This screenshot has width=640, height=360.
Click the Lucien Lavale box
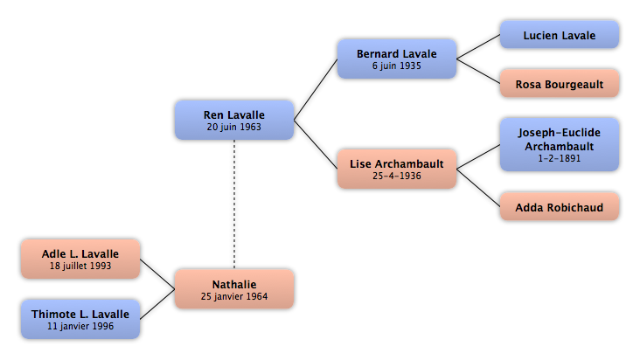(x=560, y=35)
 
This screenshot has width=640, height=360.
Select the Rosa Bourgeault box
(x=560, y=84)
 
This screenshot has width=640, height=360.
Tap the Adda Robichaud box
(x=560, y=207)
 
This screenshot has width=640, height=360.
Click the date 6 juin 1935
(x=396, y=66)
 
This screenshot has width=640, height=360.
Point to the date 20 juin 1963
(x=233, y=127)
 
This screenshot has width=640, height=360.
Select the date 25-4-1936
(x=397, y=176)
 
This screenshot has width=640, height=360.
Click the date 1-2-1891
(x=560, y=158)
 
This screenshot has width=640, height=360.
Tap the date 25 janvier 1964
(x=234, y=296)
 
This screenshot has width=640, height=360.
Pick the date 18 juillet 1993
(x=80, y=266)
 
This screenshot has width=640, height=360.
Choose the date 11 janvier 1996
(x=80, y=326)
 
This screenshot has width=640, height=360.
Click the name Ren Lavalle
(x=233, y=115)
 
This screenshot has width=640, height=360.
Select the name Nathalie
(x=234, y=284)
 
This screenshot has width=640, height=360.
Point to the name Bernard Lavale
(x=397, y=54)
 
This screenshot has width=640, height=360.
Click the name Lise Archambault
(x=397, y=164)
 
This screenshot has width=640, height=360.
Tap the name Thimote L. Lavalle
(x=80, y=314)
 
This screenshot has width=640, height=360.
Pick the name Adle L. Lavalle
(x=80, y=253)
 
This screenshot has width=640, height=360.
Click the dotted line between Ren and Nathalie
(x=234, y=204)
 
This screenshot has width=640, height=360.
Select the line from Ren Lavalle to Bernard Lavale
(x=316, y=90)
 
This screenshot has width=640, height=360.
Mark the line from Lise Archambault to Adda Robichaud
(x=478, y=188)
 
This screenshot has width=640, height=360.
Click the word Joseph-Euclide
(x=560, y=133)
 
